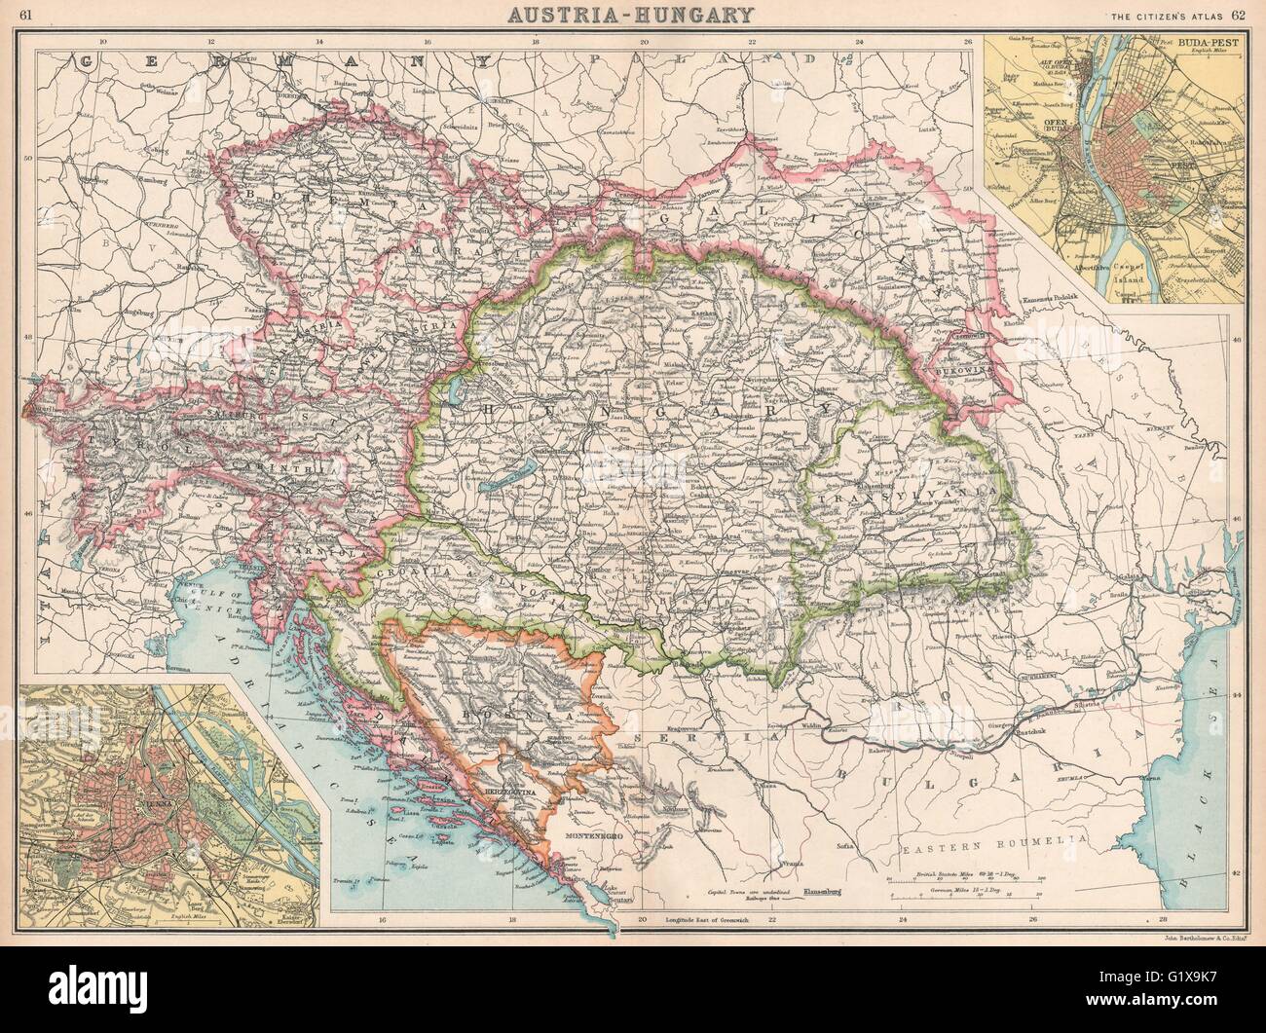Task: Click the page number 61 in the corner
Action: (x=26, y=14)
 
